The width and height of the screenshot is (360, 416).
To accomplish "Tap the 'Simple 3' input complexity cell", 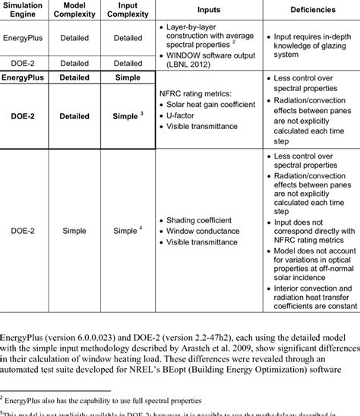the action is (128, 115).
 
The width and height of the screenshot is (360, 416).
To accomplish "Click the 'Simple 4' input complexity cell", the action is (128, 228).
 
